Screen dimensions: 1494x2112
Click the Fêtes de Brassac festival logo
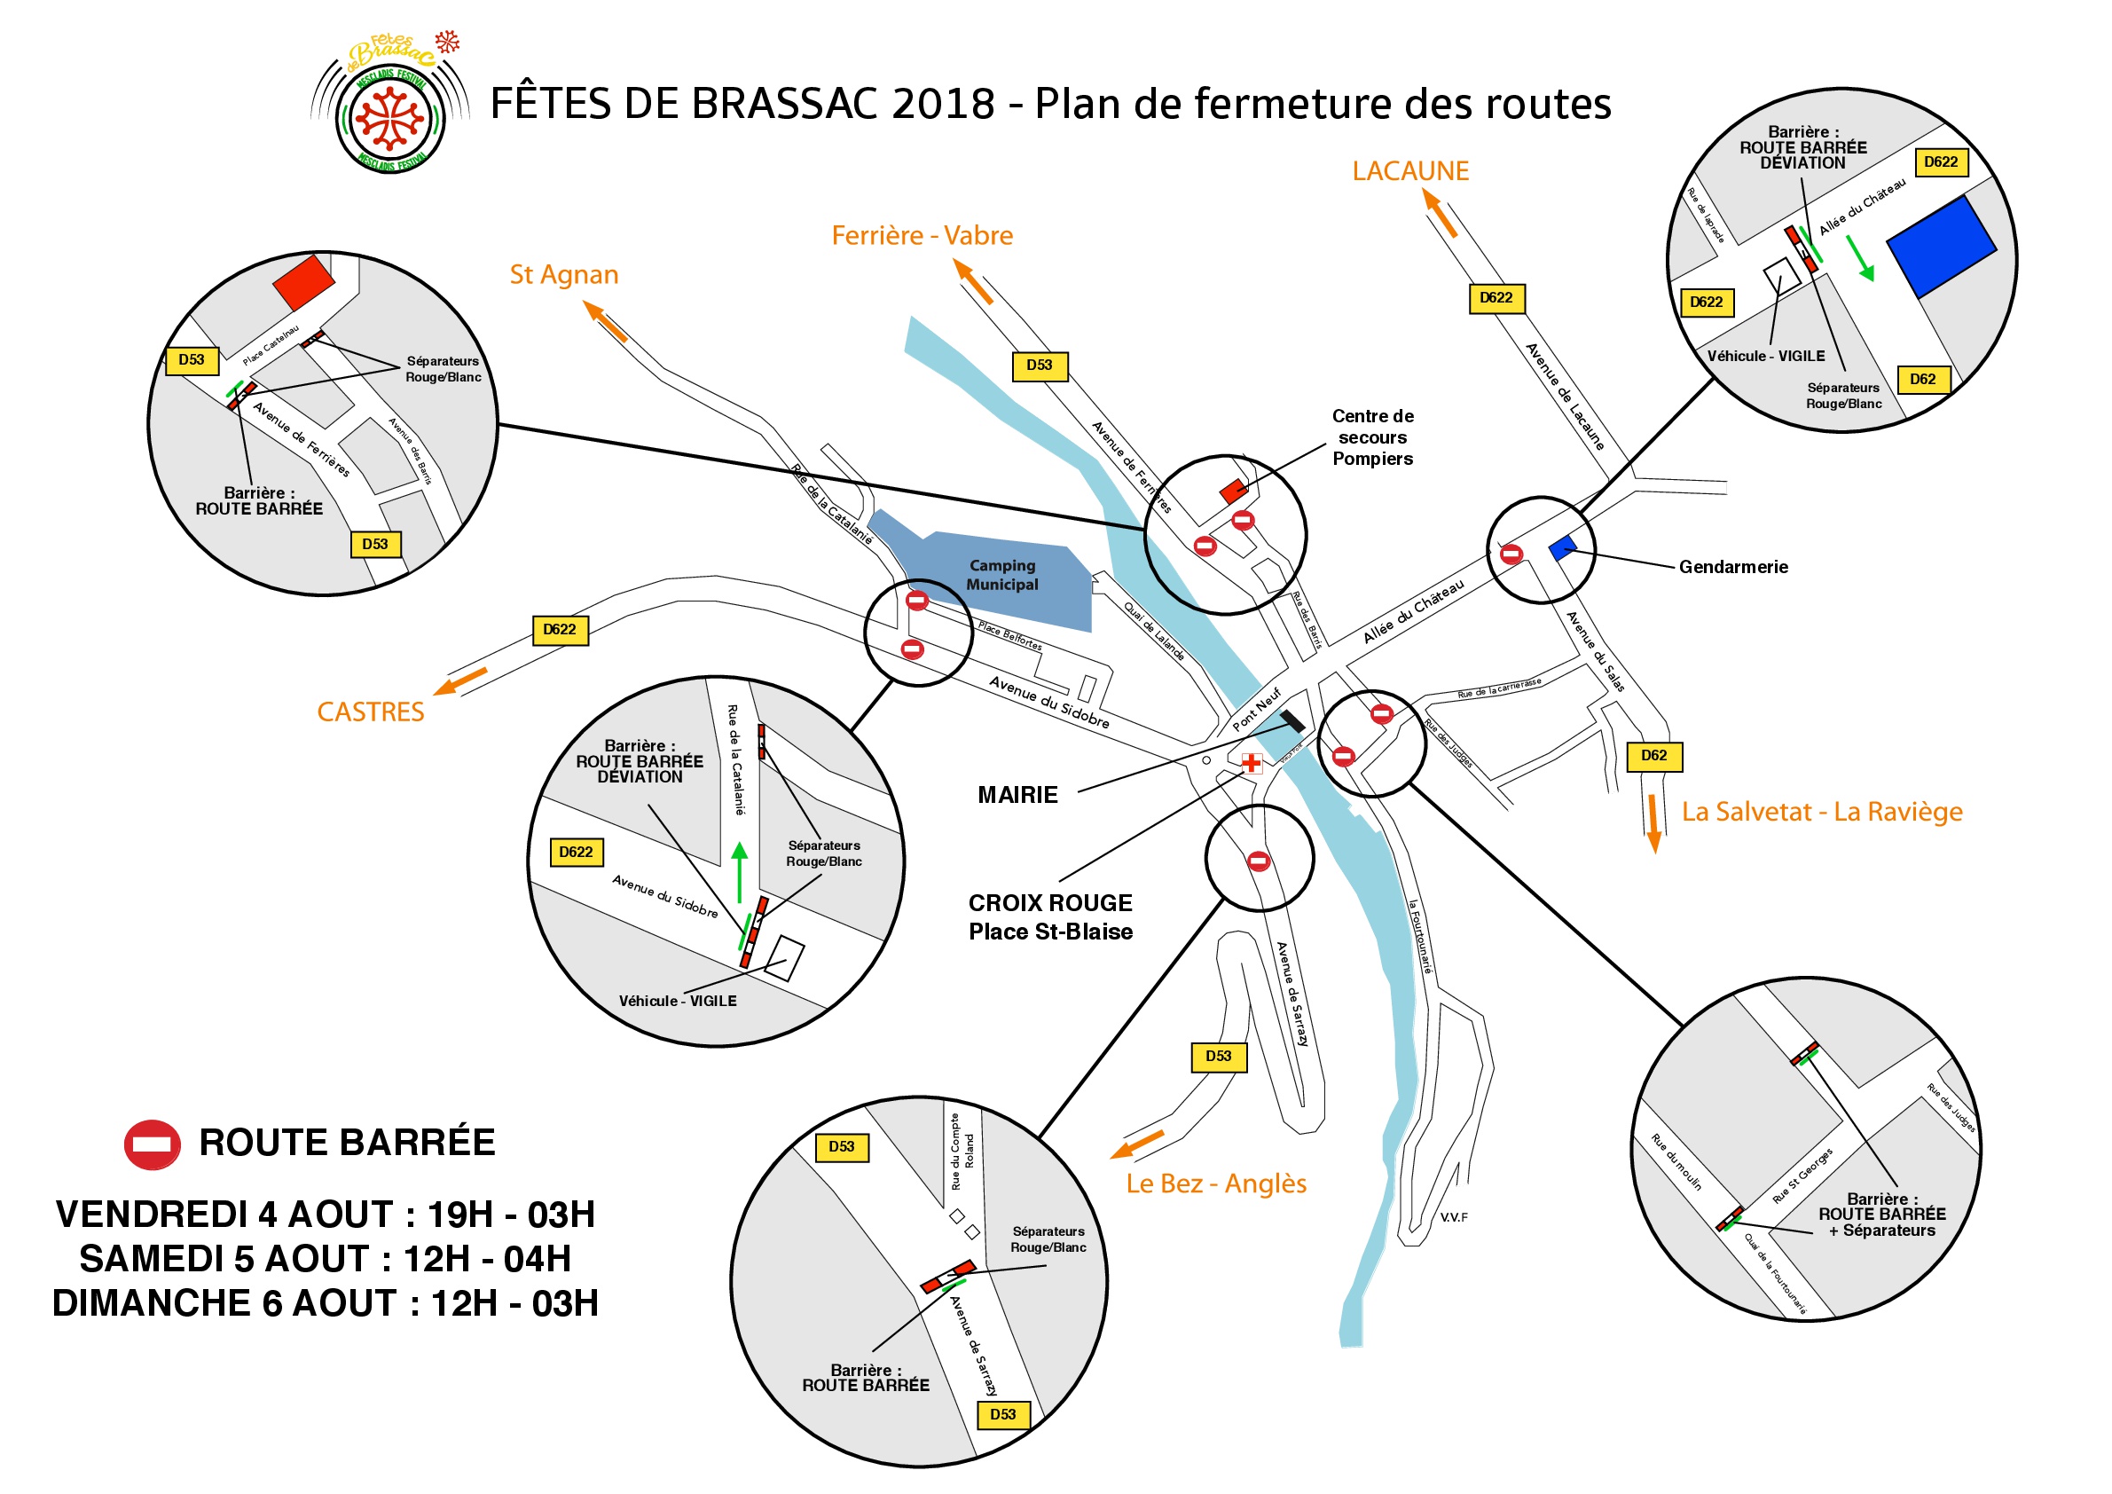(x=390, y=106)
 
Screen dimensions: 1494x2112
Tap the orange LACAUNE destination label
(x=1409, y=171)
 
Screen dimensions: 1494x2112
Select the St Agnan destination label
(x=564, y=275)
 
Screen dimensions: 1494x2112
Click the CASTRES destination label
(x=371, y=712)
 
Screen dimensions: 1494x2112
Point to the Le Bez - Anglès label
(x=1216, y=1183)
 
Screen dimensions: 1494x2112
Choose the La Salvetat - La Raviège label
(x=1821, y=812)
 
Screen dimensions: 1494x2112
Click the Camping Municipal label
(x=1001, y=575)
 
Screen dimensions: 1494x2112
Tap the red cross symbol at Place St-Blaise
(x=1251, y=763)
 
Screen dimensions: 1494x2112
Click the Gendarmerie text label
(x=1733, y=567)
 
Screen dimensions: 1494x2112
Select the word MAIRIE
(x=1017, y=795)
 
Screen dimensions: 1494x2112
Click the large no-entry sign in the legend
(x=153, y=1144)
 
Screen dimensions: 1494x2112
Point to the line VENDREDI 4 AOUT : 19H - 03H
(x=326, y=1215)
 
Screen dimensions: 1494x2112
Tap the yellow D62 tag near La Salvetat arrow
(x=1654, y=756)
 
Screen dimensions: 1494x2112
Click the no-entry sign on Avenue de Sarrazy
(x=1259, y=862)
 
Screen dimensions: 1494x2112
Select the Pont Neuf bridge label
(x=1257, y=709)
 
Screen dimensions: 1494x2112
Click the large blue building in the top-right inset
(x=1941, y=246)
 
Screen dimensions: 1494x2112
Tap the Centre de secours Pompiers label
(x=1372, y=437)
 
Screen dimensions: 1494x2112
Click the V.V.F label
(x=1453, y=1218)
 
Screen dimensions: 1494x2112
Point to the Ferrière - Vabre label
(x=922, y=235)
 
